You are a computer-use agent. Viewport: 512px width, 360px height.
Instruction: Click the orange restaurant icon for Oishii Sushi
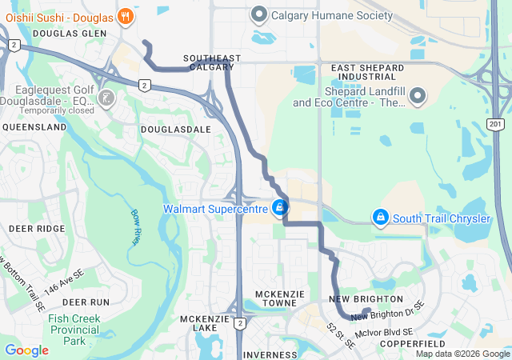[125, 15]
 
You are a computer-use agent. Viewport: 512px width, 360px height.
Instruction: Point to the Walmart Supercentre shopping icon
[279, 208]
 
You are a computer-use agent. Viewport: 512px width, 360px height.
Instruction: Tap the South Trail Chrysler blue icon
[381, 218]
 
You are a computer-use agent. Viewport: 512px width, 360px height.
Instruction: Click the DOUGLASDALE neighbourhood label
[176, 129]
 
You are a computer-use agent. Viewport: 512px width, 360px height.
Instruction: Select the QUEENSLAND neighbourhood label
[34, 127]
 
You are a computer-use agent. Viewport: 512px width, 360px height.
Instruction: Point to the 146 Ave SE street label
[62, 283]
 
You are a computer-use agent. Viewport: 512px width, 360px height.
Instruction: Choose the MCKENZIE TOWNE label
[279, 299]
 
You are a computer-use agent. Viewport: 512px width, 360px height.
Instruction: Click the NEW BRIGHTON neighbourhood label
[358, 298]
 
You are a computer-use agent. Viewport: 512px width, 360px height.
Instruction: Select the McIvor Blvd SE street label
[386, 331]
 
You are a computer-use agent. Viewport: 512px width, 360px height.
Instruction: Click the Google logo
[26, 350]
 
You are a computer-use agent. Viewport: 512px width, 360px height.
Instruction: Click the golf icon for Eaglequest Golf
[106, 98]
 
